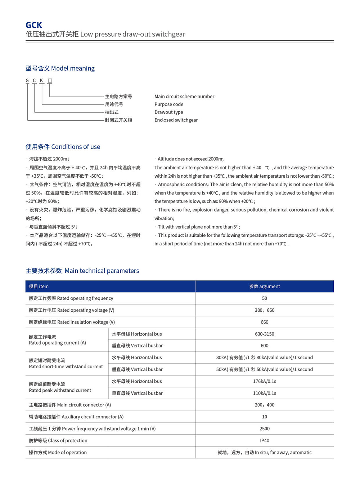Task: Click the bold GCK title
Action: (34, 25)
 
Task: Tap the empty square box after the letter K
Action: (50, 81)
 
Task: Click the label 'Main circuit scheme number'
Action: (184, 97)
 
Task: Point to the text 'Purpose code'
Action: (169, 105)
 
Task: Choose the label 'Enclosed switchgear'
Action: (176, 120)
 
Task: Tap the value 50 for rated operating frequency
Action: (265, 298)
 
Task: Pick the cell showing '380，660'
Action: (265, 310)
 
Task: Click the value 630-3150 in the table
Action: (265, 334)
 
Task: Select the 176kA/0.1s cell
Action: (265, 381)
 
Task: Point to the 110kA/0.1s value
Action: (265, 393)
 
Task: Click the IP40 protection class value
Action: (265, 441)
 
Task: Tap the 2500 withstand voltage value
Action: (265, 429)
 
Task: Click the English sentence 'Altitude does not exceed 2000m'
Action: (190, 159)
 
